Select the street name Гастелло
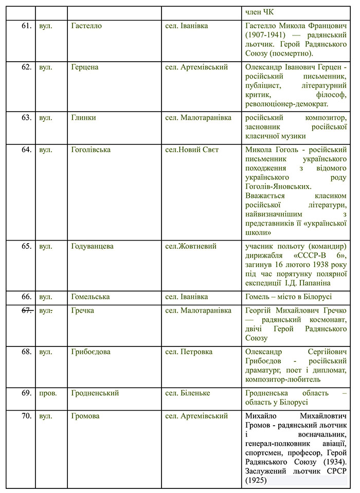[86, 26]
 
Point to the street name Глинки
[83, 117]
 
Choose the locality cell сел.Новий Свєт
[191, 150]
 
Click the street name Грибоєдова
[91, 352]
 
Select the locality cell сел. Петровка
[188, 352]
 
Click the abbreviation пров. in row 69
[48, 393]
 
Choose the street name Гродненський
[95, 393]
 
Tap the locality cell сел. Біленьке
[187, 393]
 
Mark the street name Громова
[85, 416]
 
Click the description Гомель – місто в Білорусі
[289, 297]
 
